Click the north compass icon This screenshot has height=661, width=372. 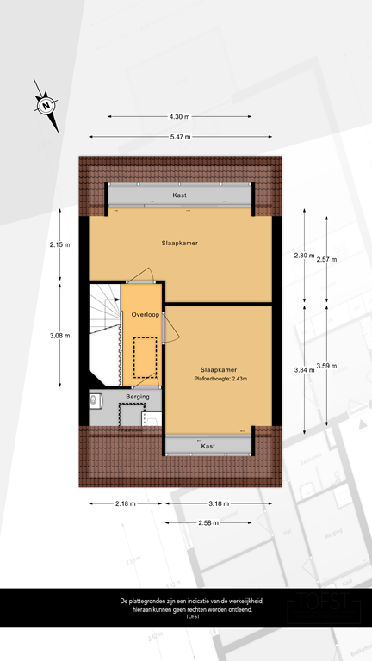pyautogui.click(x=46, y=106)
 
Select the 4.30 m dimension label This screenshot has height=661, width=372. pyautogui.click(x=179, y=117)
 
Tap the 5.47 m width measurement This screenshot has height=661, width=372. pyautogui.click(x=179, y=137)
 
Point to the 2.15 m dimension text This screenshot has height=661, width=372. pyautogui.click(x=60, y=244)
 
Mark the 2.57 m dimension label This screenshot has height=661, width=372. pyautogui.click(x=327, y=259)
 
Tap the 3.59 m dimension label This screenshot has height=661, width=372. pyautogui.click(x=327, y=366)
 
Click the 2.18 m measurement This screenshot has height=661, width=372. pyautogui.click(x=125, y=503)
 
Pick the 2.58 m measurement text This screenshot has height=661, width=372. pyautogui.click(x=208, y=522)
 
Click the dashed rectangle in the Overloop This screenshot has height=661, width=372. pyautogui.click(x=146, y=357)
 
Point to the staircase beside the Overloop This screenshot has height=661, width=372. pyautogui.click(x=105, y=331)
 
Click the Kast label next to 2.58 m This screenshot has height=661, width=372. pyautogui.click(x=208, y=447)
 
